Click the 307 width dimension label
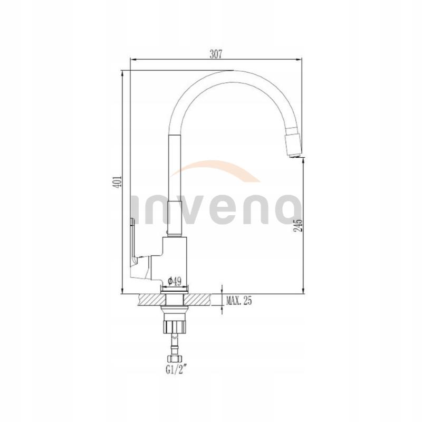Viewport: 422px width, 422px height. (215, 53)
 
